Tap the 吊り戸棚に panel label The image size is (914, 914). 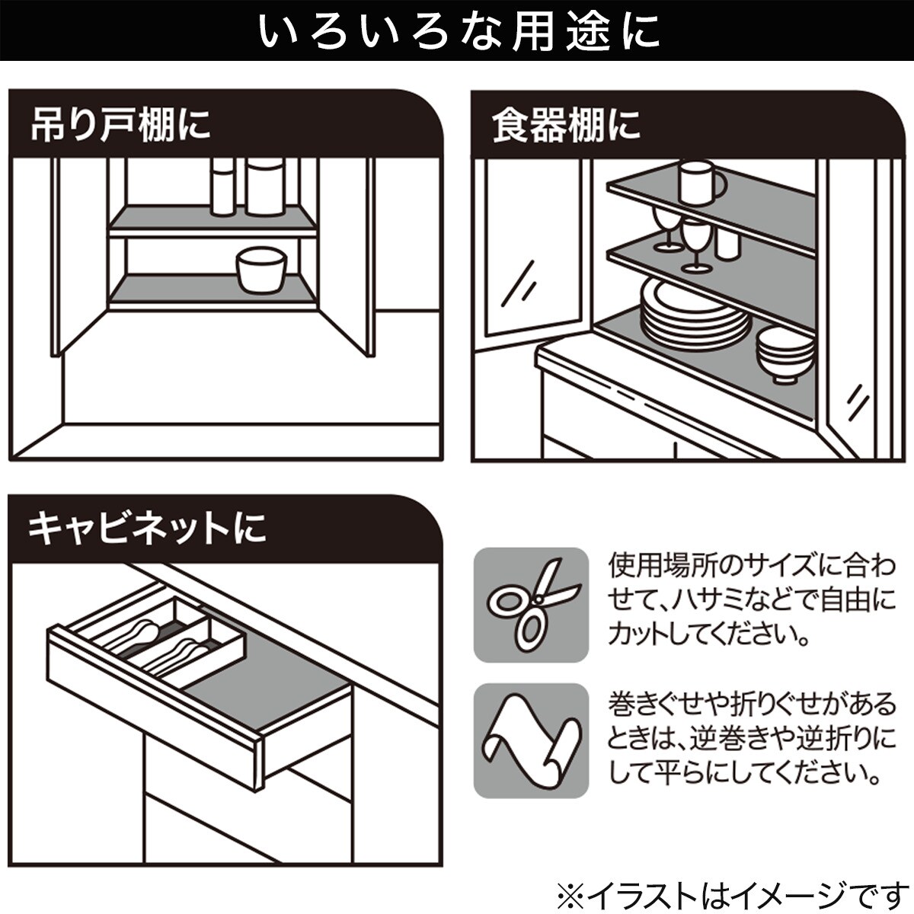tap(122, 125)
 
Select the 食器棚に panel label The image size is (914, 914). tap(567, 125)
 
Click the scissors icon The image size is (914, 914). tap(532, 605)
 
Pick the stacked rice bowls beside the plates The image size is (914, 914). tap(785, 354)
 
